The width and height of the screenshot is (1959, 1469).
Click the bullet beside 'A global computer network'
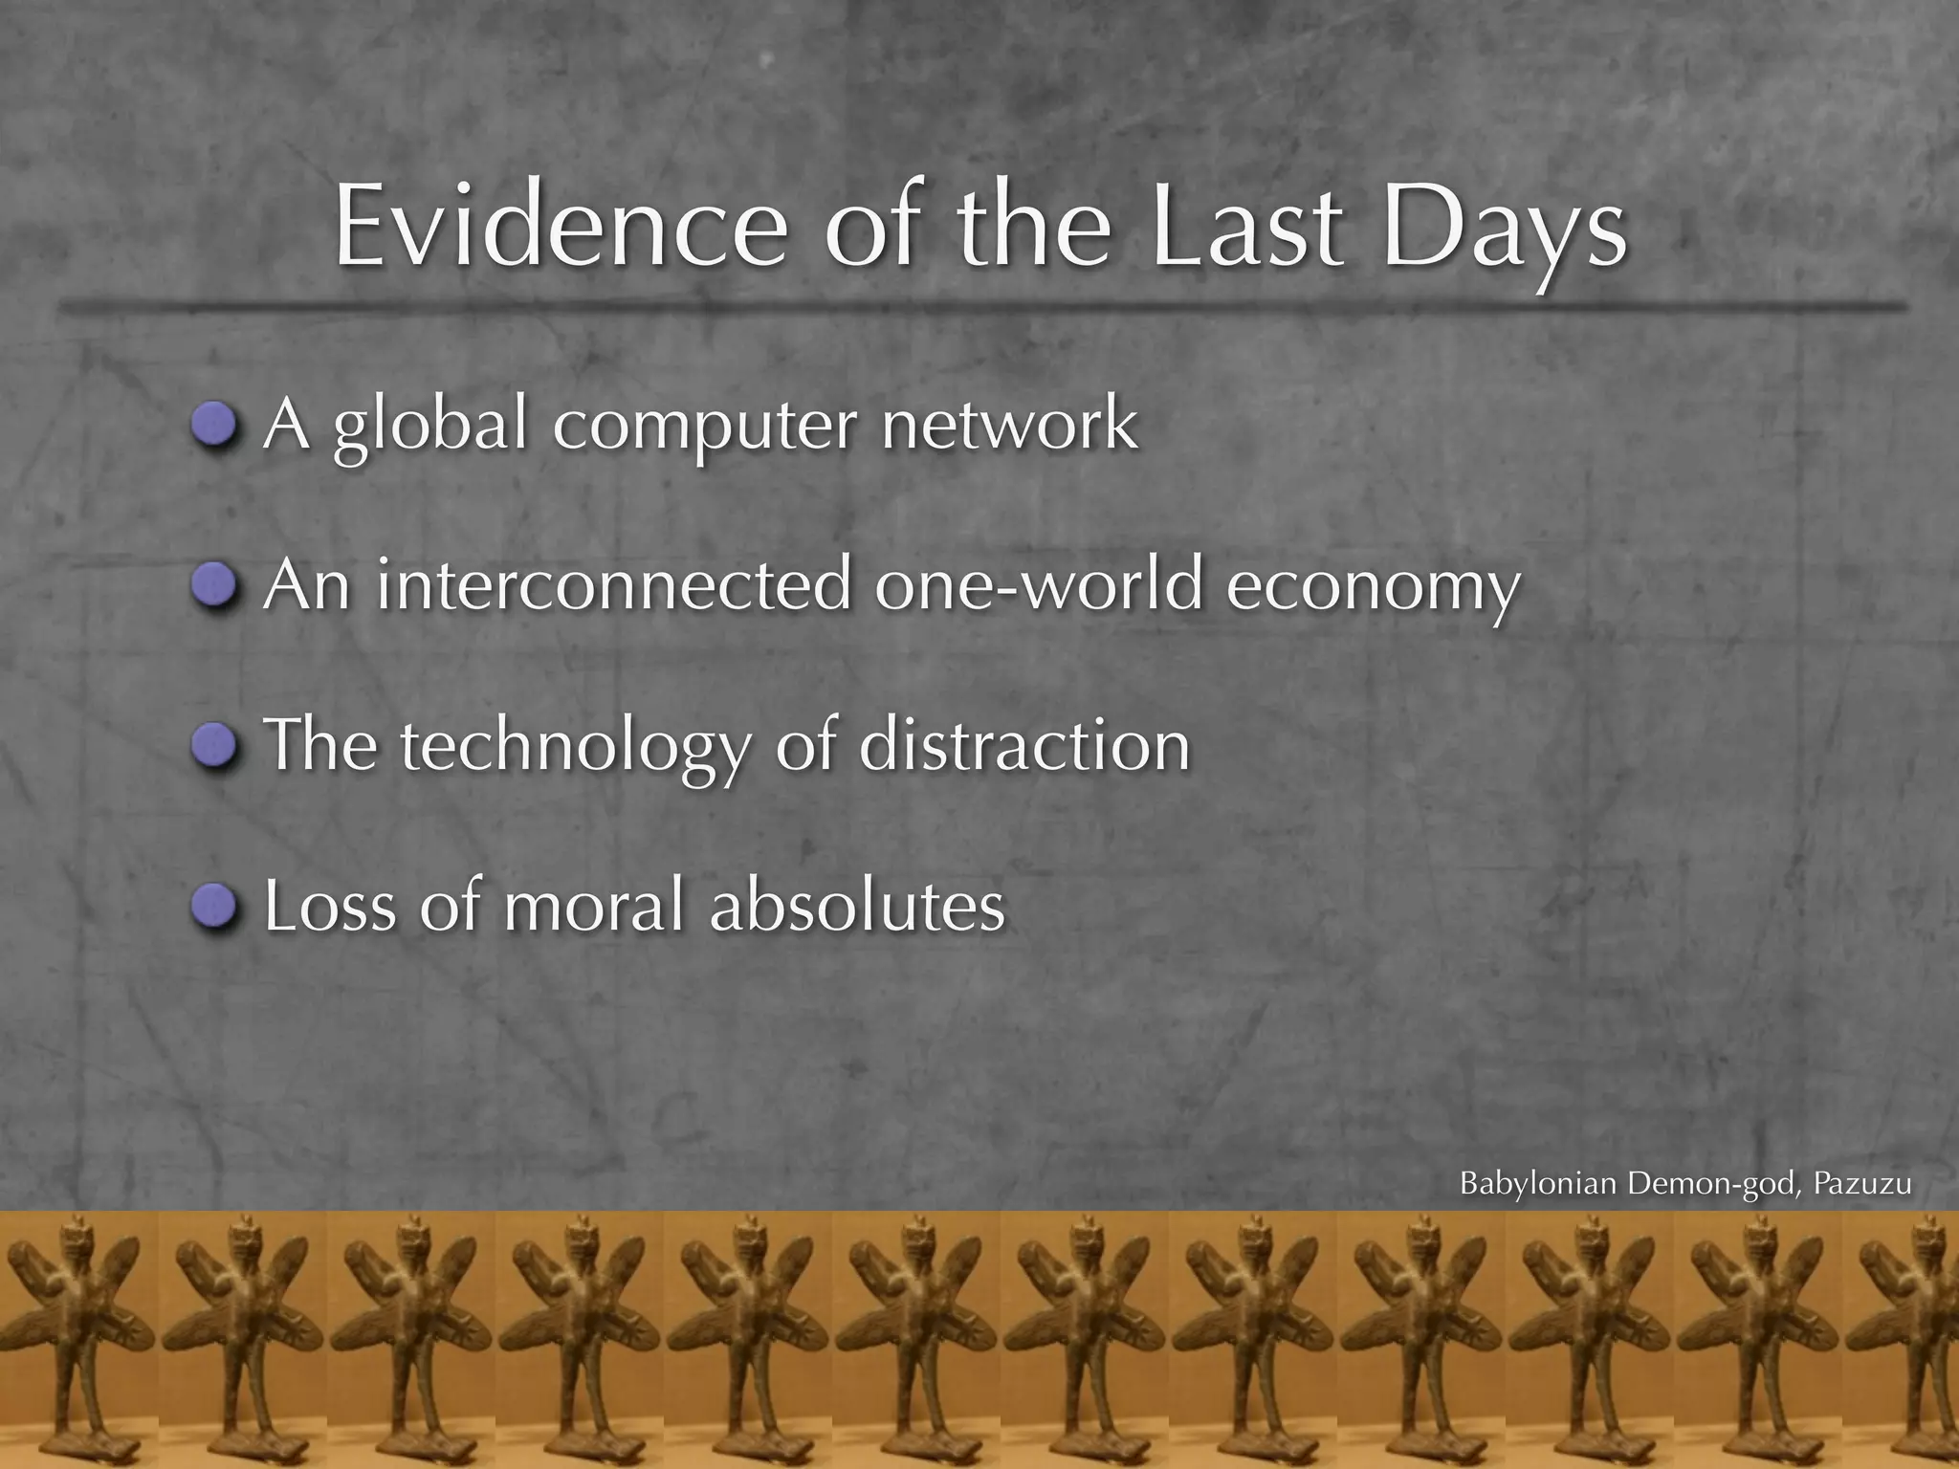[x=213, y=424]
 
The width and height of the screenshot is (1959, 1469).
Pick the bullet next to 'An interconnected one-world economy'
[x=213, y=584]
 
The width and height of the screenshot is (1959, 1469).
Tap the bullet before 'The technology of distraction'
[x=213, y=745]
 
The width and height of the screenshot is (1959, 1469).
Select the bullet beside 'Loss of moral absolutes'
[x=213, y=905]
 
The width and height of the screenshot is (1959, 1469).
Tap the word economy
[x=1373, y=588]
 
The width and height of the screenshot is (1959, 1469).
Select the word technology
[x=574, y=748]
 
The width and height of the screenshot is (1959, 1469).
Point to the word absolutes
[x=857, y=905]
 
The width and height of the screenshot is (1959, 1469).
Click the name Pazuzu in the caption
[x=1862, y=1184]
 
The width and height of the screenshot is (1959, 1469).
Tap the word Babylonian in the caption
[x=1538, y=1184]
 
